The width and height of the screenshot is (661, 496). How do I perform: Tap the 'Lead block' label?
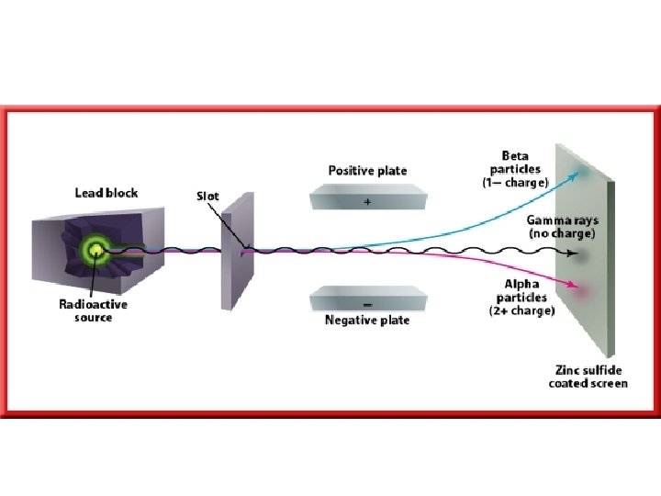tap(106, 193)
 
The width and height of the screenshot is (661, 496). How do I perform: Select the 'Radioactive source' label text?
tap(93, 310)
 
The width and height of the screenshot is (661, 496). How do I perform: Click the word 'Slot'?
tap(208, 196)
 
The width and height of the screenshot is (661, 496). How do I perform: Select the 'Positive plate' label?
tap(367, 171)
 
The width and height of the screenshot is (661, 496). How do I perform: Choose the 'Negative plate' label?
tap(367, 321)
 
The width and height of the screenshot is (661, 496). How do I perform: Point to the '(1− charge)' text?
tap(515, 183)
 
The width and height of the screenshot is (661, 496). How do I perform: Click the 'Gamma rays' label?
tap(560, 220)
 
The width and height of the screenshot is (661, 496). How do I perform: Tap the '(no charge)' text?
tap(561, 233)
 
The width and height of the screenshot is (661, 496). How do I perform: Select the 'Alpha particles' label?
tap(521, 291)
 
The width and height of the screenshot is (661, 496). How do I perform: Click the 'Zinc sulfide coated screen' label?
tap(588, 377)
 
